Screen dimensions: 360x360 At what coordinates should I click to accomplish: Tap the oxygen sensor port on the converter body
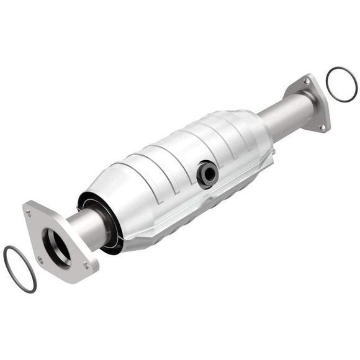pyautogui.click(x=206, y=174)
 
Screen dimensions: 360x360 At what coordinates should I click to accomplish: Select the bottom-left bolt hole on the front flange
pyautogui.click(x=40, y=261)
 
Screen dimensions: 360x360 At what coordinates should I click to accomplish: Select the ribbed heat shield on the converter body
pyautogui.click(x=180, y=155)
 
